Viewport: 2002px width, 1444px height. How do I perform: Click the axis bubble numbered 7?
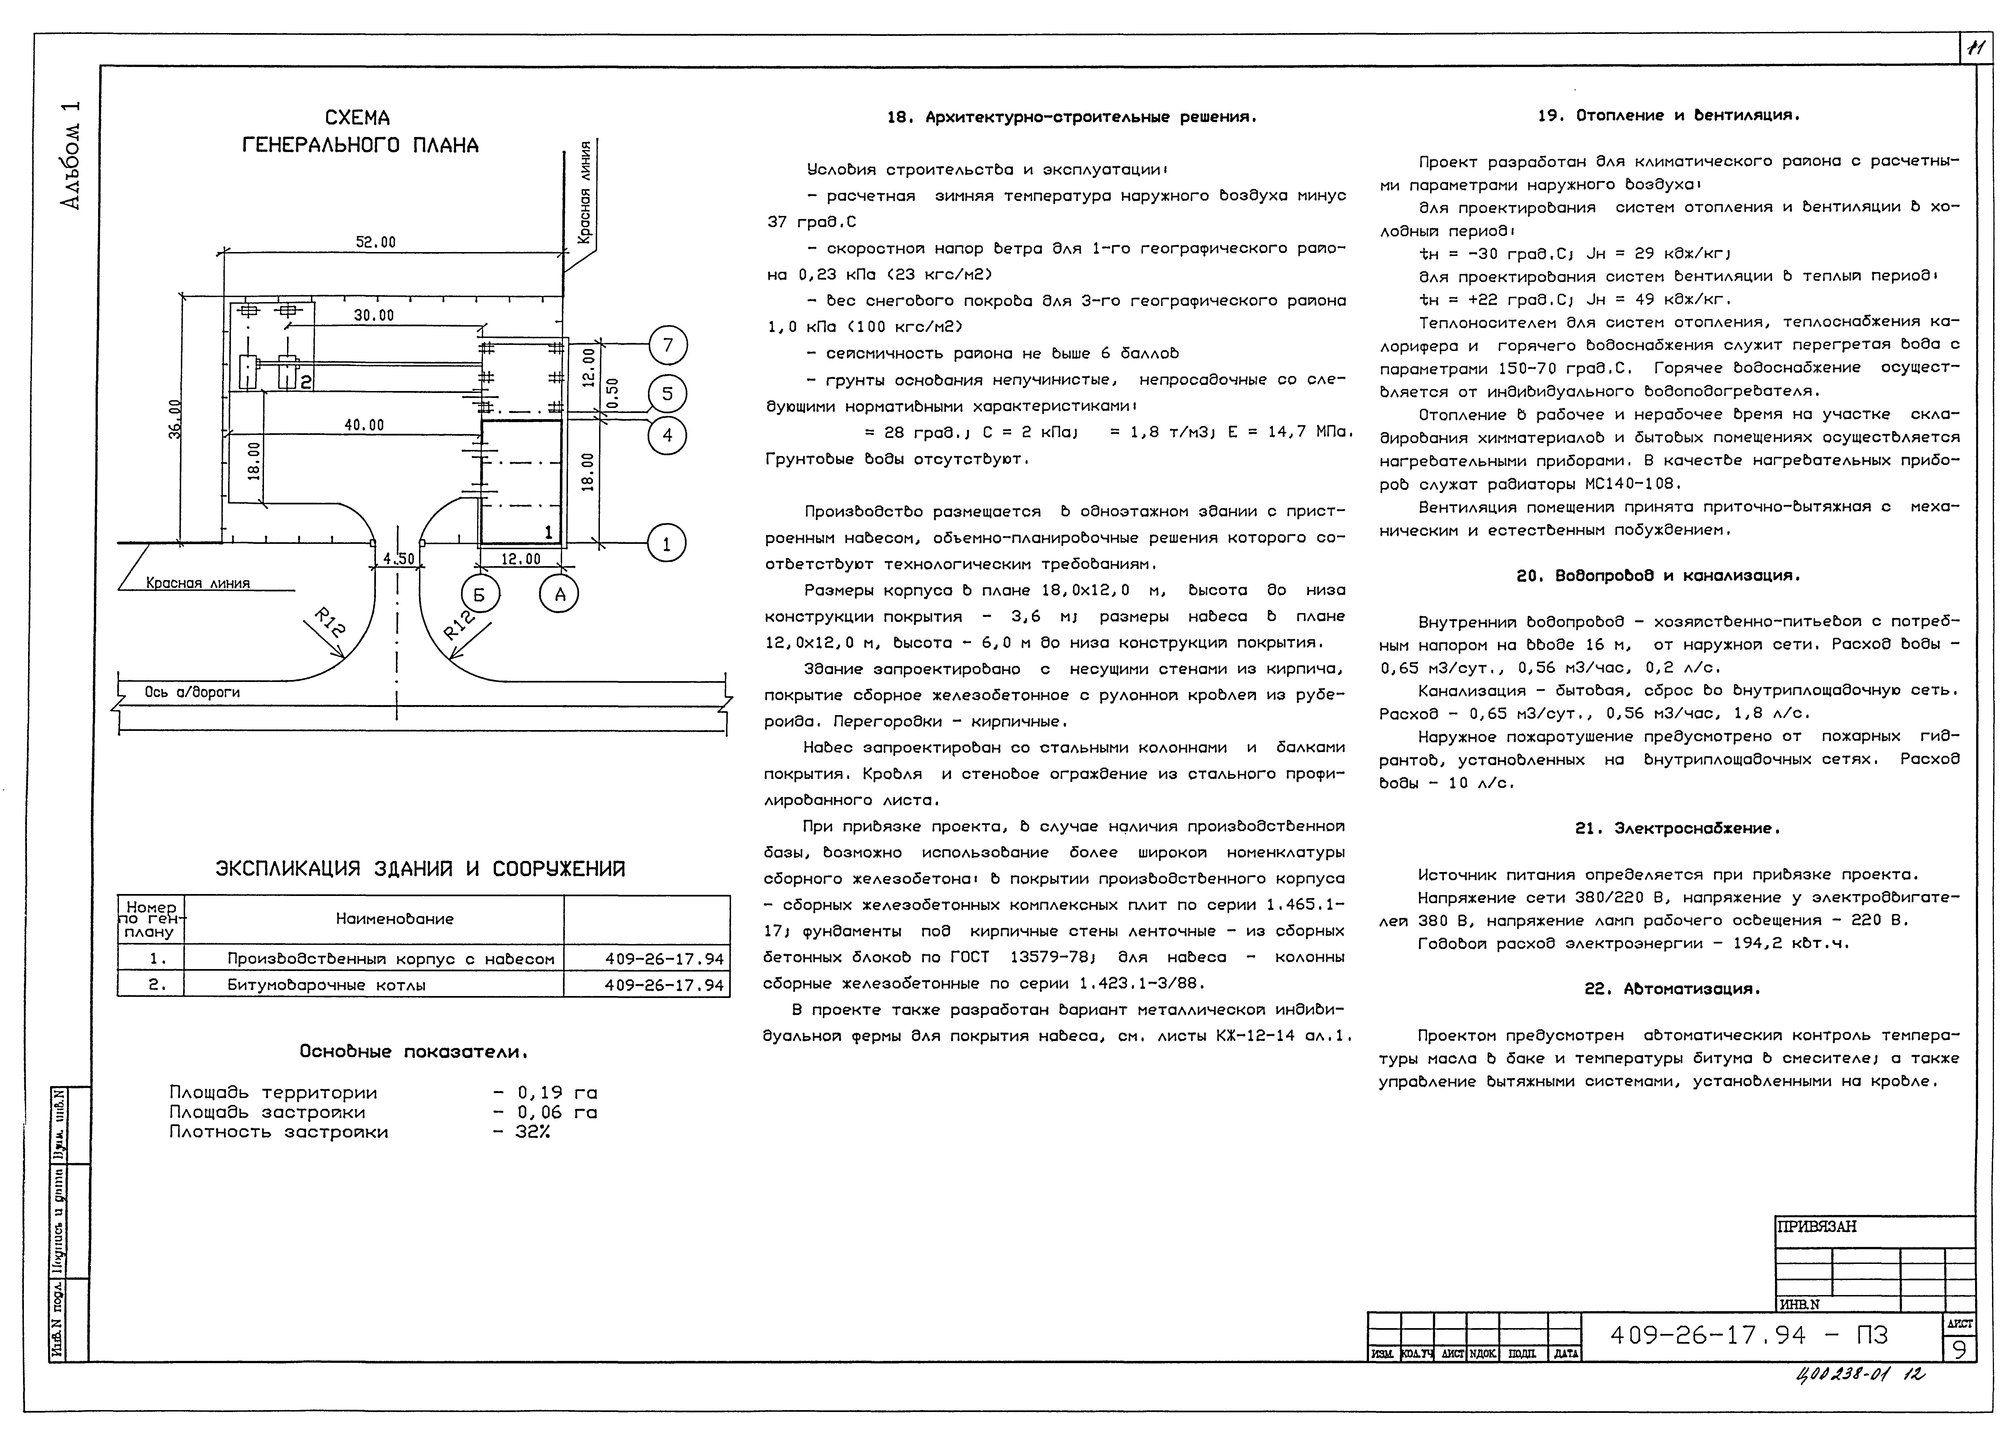[667, 345]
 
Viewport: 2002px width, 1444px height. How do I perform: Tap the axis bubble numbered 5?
[667, 394]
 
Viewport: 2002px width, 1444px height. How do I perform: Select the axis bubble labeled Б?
[479, 595]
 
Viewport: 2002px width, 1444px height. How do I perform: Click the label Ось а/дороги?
[193, 692]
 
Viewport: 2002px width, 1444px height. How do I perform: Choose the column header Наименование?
[395, 919]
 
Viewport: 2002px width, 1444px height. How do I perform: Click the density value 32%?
[532, 1132]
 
